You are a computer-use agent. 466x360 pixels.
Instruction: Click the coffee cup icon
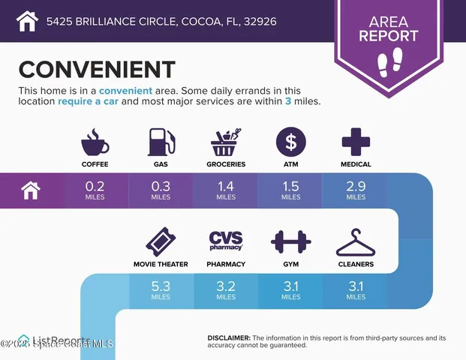tap(95, 142)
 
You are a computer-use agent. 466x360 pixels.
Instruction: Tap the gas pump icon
tap(161, 142)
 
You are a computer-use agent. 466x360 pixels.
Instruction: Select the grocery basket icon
tap(226, 142)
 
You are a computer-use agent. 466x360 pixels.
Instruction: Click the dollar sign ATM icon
tap(290, 142)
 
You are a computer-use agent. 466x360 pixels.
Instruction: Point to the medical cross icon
tap(356, 142)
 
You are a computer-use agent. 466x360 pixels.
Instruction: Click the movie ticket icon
tap(161, 241)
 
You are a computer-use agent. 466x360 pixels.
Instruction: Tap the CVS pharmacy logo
tap(226, 241)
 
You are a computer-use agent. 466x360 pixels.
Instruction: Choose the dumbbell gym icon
tap(290, 241)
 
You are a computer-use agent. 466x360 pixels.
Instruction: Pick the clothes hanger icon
tap(356, 242)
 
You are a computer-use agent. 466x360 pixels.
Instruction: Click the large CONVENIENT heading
tap(97, 69)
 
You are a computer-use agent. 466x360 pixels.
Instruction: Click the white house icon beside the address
tap(27, 20)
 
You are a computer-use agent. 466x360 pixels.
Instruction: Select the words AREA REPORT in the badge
tap(389, 29)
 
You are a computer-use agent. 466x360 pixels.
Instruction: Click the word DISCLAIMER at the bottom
tap(228, 338)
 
